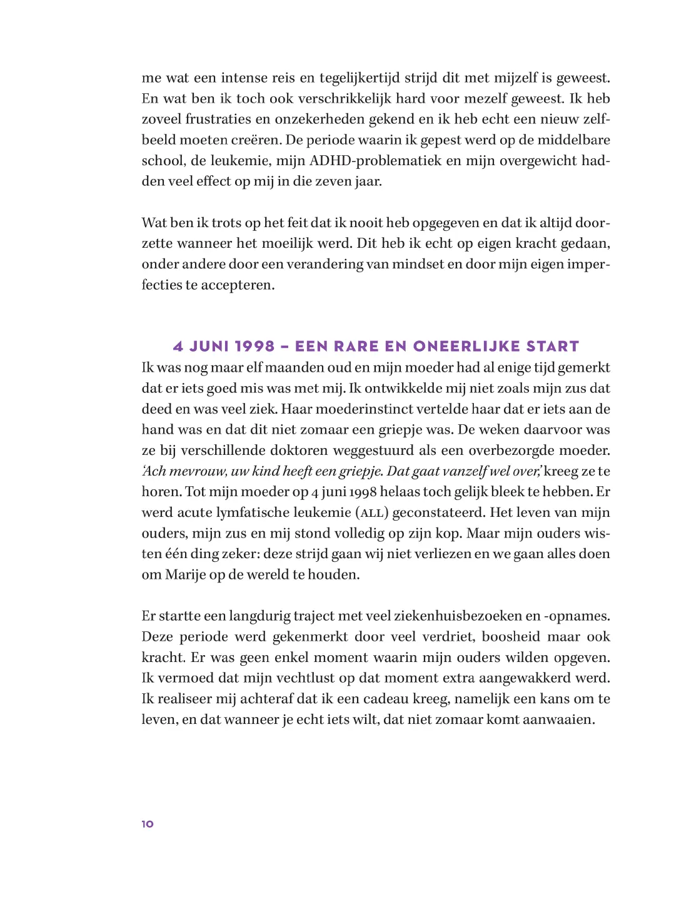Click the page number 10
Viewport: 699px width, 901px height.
coord(148,824)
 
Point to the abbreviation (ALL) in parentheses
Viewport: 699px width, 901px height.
coord(372,513)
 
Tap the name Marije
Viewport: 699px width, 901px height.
coord(186,575)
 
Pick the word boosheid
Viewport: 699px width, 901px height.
coord(511,637)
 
